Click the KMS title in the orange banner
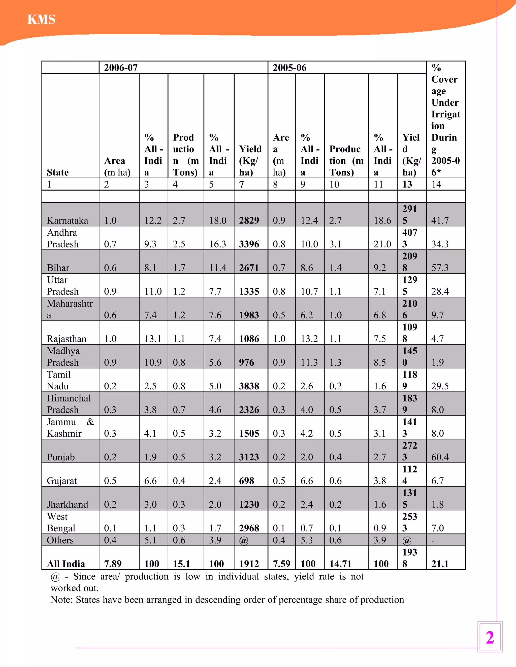pos(41,20)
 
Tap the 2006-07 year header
pos(121,67)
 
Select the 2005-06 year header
pos(289,67)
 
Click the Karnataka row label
pos(67,220)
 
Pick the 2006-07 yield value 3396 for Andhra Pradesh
pos(249,244)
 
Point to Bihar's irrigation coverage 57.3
pos(440,268)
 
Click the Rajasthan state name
pos(66,339)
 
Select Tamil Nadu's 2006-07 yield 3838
pos(249,386)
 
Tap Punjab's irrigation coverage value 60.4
pos(440,457)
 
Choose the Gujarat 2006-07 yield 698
pos(246,481)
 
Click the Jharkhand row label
pos(67,504)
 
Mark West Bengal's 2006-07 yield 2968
pos(249,528)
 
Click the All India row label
pos(66,564)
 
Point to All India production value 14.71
pos(340,564)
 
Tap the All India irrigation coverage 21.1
pos(440,564)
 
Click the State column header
pos(57,172)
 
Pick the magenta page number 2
pos(490,638)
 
